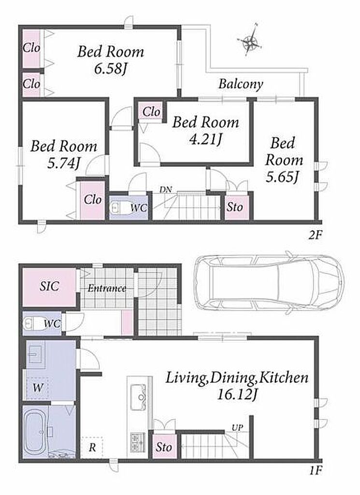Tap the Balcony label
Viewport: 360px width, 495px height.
241,84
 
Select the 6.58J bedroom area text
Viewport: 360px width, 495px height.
111,69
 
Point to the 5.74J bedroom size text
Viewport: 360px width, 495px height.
63,163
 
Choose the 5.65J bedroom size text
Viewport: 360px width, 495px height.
282,177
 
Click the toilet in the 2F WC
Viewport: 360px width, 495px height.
117,208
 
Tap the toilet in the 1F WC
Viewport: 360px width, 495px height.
30,323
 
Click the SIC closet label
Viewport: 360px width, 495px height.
50,286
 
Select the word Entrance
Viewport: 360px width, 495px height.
107,288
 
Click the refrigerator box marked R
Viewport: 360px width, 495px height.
92,448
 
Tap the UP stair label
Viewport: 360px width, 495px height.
237,428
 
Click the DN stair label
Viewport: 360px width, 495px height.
166,189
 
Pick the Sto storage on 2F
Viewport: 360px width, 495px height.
235,207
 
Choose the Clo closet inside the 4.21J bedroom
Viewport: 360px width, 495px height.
151,112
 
